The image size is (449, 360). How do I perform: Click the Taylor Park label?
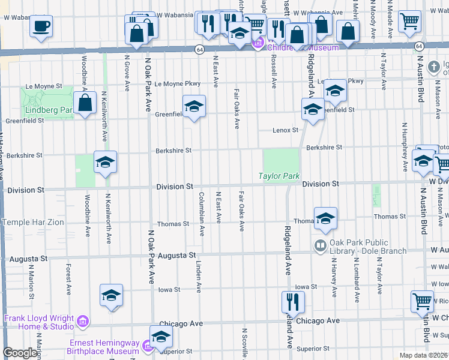pos(279,176)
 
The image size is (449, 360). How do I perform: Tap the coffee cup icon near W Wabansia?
pos(41,26)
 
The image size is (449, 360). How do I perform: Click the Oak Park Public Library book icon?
pos(320,245)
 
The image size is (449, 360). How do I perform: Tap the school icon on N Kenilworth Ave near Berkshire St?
pos(105,162)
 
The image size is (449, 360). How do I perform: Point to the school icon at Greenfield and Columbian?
pos(194,106)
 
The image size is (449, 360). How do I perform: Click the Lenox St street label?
pos(286,130)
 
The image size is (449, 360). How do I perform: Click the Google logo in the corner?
pos(20,353)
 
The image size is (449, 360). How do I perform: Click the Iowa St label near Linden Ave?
pos(169,289)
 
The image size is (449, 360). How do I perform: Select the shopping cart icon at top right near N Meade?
pos(409,20)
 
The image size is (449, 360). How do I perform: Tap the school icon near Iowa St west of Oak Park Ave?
pos(111,295)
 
